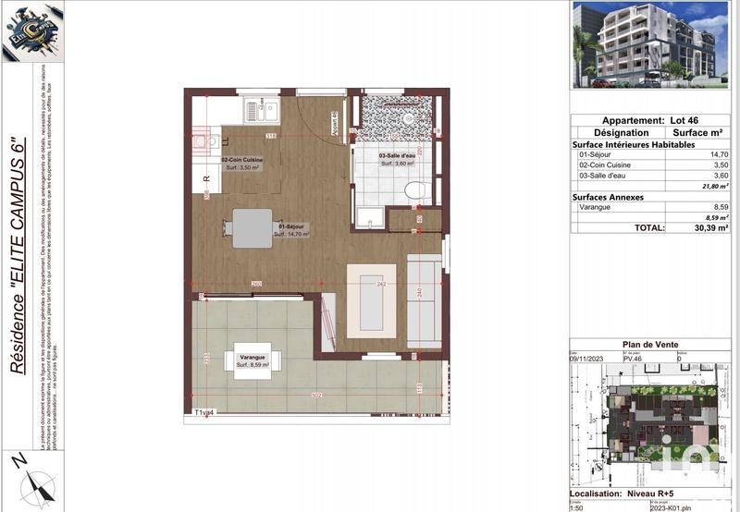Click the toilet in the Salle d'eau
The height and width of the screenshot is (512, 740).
click(x=415, y=189)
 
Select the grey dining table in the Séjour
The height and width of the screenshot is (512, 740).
click(x=253, y=227)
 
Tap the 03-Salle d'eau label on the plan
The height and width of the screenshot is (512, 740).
click(x=399, y=158)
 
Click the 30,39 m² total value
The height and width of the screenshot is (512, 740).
click(x=709, y=226)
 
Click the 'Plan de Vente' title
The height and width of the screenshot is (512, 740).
click(x=650, y=345)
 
